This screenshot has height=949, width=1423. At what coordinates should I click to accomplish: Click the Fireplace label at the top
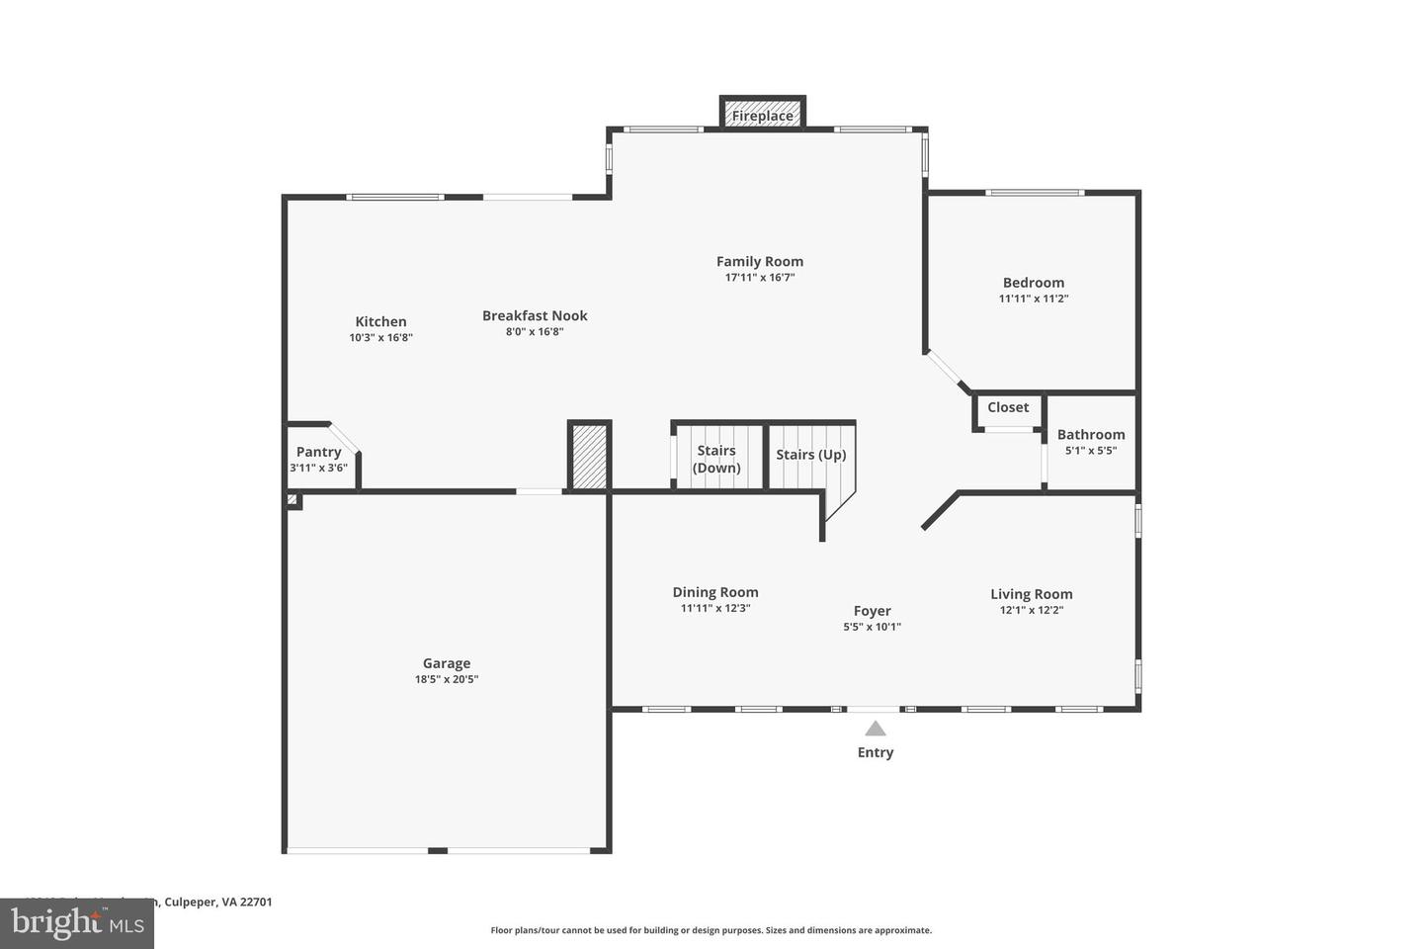[762, 116]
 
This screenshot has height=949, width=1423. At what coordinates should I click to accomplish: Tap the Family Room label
[759, 261]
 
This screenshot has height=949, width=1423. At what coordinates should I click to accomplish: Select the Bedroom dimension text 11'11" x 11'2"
[1034, 299]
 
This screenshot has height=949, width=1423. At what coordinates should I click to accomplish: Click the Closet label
[1008, 407]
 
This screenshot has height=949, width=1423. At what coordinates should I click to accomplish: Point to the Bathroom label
[1091, 434]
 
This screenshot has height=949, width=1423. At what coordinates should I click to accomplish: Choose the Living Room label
[1031, 594]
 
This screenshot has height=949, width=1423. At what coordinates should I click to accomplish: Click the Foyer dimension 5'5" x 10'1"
[872, 627]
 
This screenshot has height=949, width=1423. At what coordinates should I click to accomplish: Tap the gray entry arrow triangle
[876, 730]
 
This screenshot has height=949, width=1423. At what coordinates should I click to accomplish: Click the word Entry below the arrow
[875, 752]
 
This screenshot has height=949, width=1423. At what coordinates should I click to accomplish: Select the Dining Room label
[715, 592]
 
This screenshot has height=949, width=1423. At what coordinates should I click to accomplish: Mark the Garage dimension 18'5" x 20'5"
[447, 680]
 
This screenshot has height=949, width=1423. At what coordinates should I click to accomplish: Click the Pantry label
[318, 452]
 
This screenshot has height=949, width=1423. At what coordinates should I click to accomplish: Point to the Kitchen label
[380, 321]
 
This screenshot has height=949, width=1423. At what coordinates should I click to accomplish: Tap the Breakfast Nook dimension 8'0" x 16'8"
[535, 332]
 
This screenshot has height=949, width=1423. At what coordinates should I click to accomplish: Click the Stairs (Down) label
[716, 459]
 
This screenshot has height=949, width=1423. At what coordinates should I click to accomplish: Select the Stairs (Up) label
[810, 455]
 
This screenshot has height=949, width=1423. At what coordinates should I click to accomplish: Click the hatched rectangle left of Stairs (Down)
[590, 456]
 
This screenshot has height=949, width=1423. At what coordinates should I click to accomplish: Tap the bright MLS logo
[76, 923]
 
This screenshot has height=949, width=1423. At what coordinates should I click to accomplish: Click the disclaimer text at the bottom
[711, 930]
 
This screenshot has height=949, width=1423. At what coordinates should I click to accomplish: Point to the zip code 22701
[255, 902]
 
